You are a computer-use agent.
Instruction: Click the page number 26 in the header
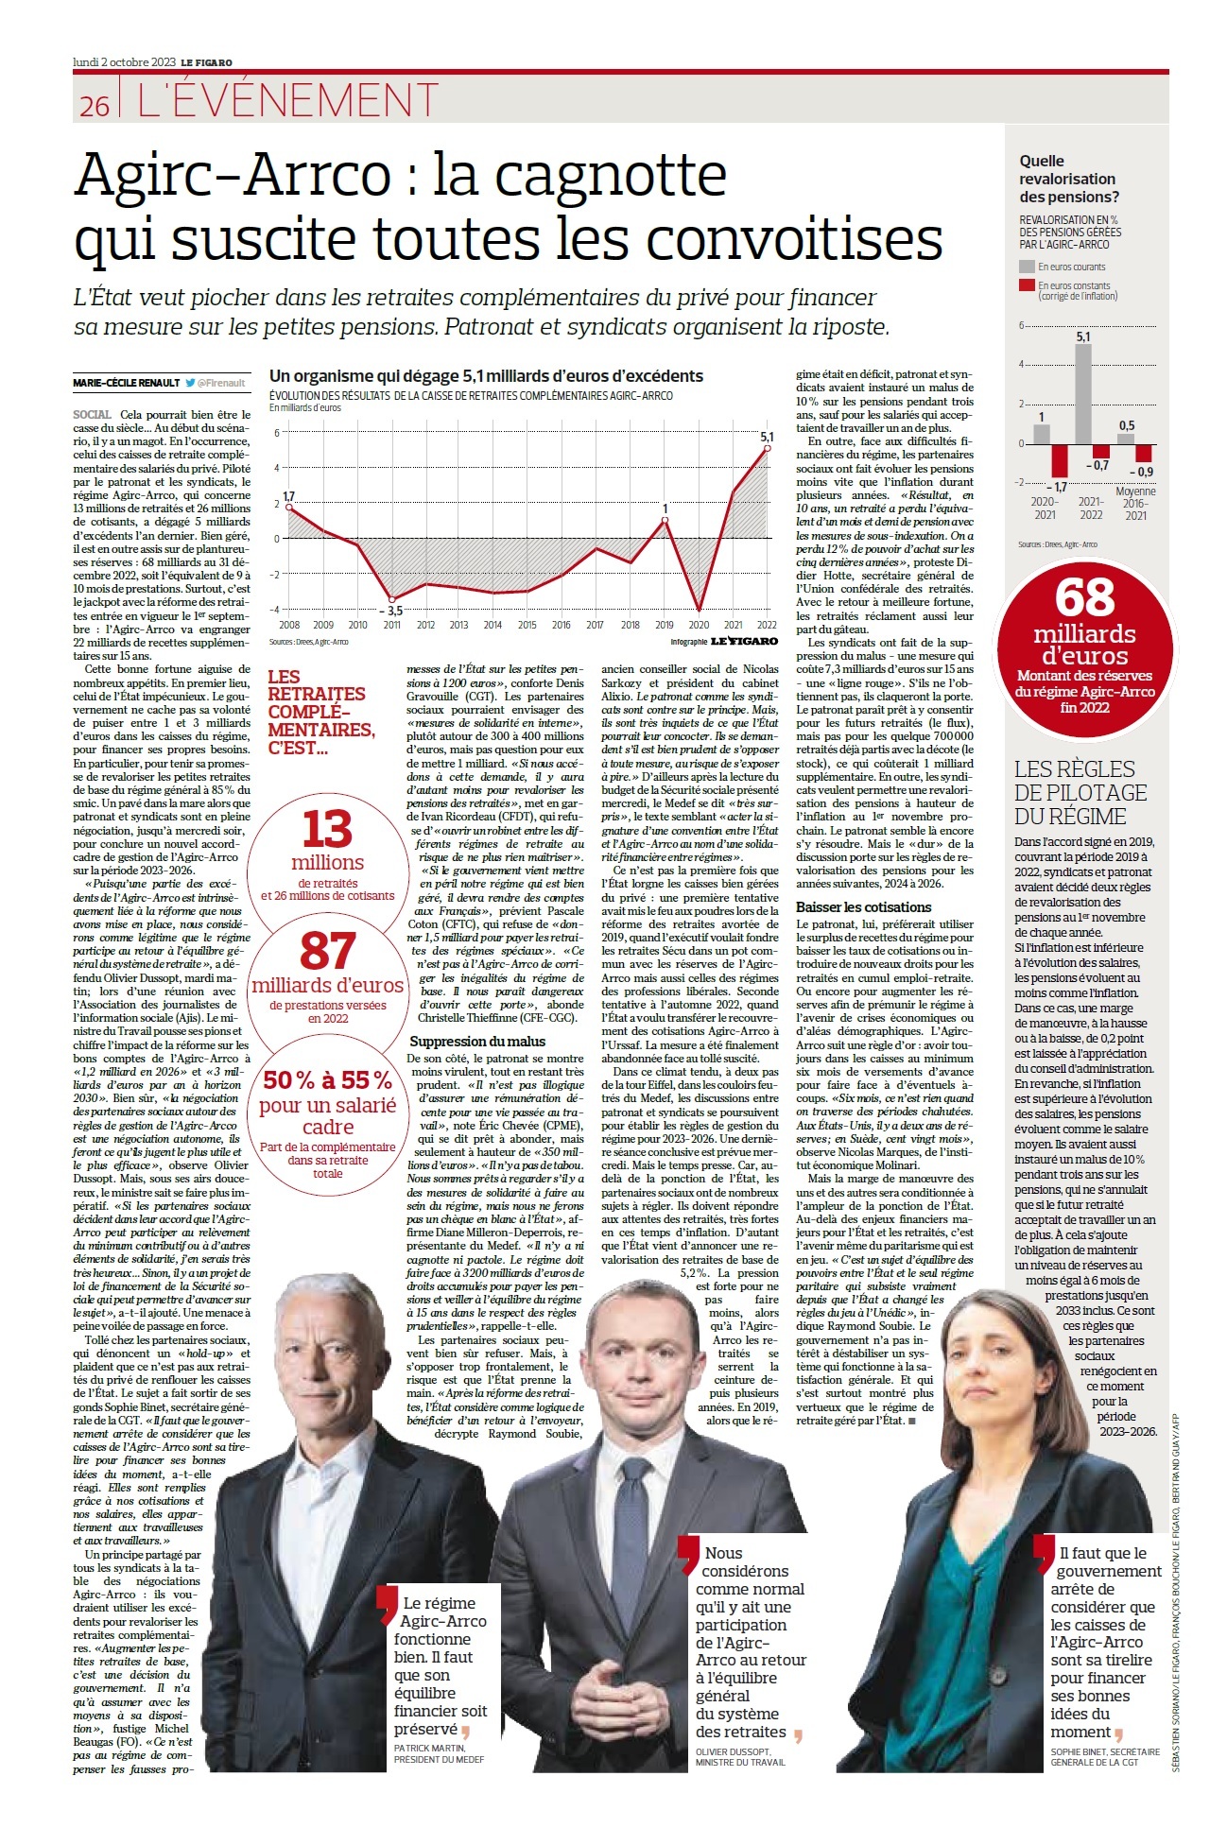coord(95,106)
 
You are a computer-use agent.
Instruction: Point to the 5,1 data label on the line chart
coord(767,437)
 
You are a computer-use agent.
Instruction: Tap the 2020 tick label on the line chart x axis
coord(699,625)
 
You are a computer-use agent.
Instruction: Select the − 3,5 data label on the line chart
coord(391,611)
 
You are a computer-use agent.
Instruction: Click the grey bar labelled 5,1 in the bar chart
coord(1083,393)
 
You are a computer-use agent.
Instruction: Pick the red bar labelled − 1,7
coord(1060,460)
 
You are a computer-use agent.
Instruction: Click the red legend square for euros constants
coord(1027,285)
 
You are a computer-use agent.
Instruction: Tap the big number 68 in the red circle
coord(1084,597)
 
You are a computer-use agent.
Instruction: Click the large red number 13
coord(327,830)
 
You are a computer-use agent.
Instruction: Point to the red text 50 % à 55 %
coord(327,1080)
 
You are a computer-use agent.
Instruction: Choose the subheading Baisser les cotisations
coord(863,907)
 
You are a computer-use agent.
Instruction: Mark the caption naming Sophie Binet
coord(1104,1756)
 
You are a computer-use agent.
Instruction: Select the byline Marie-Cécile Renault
coord(127,383)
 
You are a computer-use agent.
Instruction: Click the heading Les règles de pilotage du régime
coord(1080,793)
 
